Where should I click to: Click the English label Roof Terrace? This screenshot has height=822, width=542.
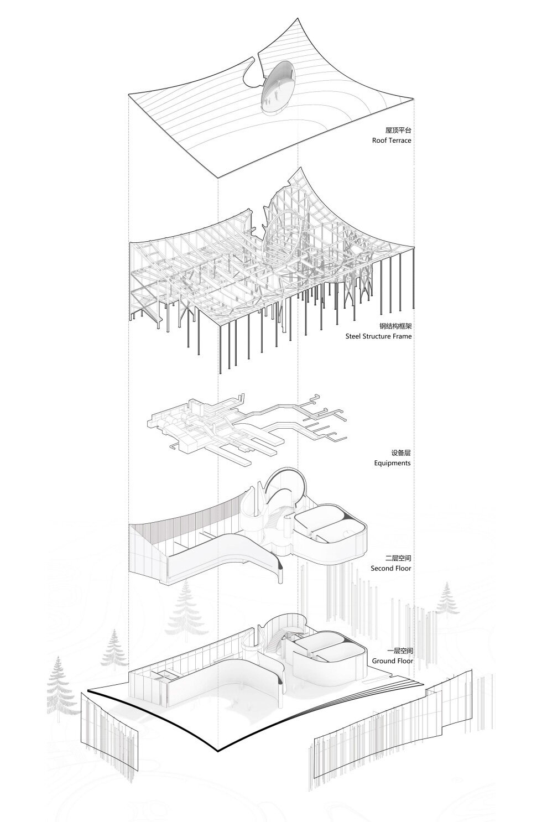(x=392, y=141)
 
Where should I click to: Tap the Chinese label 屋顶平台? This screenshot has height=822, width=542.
(x=398, y=131)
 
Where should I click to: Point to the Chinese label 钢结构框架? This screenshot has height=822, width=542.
(x=395, y=326)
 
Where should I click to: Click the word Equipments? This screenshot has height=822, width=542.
(x=392, y=462)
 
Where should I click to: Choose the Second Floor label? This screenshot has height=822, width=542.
(x=390, y=568)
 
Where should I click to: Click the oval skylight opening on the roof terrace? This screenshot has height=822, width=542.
(x=279, y=87)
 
